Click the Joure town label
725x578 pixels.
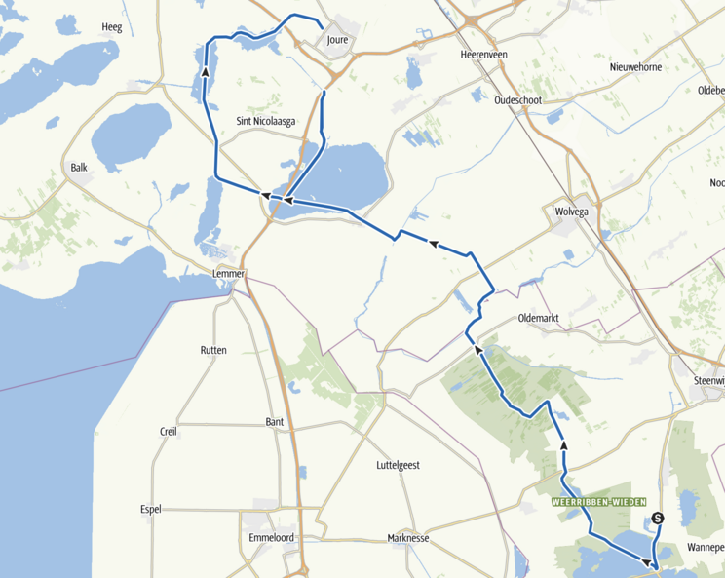click(338, 40)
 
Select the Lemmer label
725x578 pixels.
click(228, 274)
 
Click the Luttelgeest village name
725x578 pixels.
click(398, 465)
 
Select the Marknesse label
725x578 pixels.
click(408, 538)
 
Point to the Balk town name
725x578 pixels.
click(79, 168)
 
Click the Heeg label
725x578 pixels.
click(111, 27)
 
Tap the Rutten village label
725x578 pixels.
click(213, 350)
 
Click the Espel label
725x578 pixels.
click(150, 508)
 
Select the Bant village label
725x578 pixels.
click(275, 421)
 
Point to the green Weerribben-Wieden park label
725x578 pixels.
click(599, 501)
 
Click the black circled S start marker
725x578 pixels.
click(658, 519)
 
